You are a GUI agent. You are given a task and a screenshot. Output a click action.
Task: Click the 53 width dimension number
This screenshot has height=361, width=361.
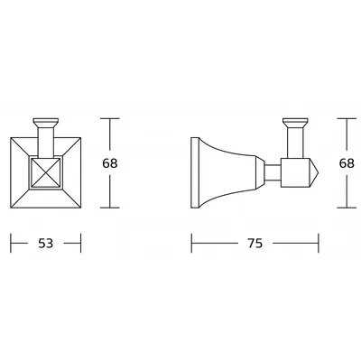click(46, 243)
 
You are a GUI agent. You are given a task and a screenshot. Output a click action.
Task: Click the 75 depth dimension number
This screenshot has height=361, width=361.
click(255, 243)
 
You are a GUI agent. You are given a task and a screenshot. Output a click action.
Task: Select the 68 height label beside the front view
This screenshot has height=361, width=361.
click(110, 163)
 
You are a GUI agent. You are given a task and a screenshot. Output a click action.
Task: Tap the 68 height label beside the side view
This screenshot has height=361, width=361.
click(347, 163)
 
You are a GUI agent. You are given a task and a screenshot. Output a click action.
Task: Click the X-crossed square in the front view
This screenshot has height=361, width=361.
click(46, 172)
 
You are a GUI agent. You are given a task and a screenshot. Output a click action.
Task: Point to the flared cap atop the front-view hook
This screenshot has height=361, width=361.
click(46, 123)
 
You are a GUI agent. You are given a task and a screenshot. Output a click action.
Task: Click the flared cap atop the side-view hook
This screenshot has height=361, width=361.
click(295, 123)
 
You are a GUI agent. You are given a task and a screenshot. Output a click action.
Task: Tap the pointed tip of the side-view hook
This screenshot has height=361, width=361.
click(319, 172)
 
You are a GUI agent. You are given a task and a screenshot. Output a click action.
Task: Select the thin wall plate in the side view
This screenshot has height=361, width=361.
click(195, 172)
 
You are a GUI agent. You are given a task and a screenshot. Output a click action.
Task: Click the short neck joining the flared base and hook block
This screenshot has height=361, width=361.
click(273, 172)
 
